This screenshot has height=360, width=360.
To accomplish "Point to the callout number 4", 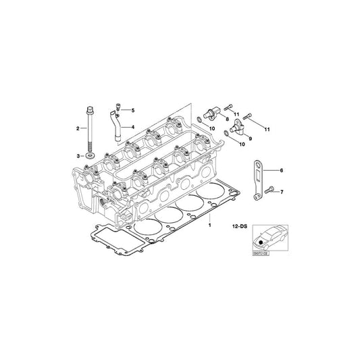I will (133, 127).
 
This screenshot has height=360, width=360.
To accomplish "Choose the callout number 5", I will (133, 110).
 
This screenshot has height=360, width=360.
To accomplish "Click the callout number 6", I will (282, 171).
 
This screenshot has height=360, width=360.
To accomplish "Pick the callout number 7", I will (282, 192).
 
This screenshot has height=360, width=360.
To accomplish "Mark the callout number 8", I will (227, 120).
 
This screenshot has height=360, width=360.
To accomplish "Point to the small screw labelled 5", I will (119, 107).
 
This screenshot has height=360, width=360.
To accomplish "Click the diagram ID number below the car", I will (261, 253).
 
